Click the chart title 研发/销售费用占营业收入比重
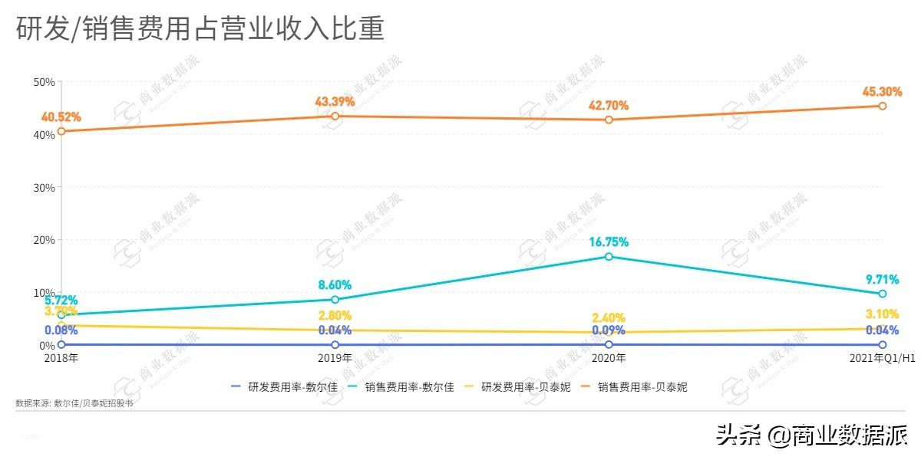coord(200,29)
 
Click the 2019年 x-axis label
coord(335,358)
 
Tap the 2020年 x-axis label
coord(609,358)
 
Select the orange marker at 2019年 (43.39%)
coord(335,116)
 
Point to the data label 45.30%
coord(881,92)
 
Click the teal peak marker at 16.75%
coord(609,257)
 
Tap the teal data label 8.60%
coord(335,285)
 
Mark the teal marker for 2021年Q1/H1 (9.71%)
coord(883,294)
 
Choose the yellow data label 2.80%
coord(335,316)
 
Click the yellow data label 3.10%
coord(881,314)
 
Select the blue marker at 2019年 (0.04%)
coord(335,345)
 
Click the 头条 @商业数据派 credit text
coord(811,436)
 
